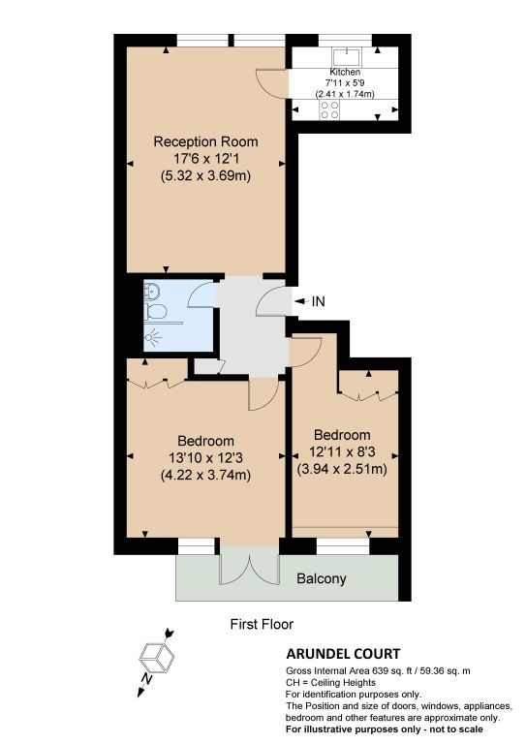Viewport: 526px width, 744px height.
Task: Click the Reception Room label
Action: (205, 141)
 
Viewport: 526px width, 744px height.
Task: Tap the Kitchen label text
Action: (345, 72)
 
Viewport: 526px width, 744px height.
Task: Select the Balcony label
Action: (321, 578)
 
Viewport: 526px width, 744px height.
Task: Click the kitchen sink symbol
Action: (347, 57)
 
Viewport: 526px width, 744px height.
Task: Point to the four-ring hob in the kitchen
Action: (329, 109)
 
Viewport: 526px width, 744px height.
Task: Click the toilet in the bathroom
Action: (156, 312)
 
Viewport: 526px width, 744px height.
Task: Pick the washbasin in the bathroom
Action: (152, 290)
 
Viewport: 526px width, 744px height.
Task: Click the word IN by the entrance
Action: (319, 301)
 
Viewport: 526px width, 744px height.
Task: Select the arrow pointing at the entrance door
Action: (300, 301)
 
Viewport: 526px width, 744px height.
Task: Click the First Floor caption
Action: (262, 624)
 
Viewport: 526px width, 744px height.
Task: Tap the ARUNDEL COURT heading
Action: (343, 654)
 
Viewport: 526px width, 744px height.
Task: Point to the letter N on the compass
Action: (147, 679)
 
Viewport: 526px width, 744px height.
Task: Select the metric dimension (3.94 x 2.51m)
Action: (342, 469)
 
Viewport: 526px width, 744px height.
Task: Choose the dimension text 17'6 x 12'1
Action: (205, 159)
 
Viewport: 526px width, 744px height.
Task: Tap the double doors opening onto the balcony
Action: (249, 567)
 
